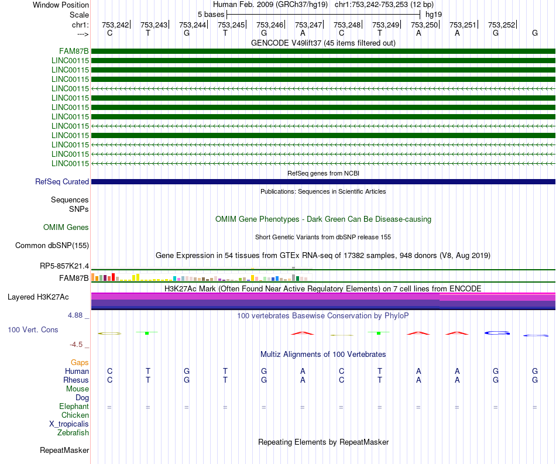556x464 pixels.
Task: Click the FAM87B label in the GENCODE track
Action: pos(74,51)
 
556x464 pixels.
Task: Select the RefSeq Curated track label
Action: pos(62,181)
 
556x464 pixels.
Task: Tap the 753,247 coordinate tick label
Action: pos(308,25)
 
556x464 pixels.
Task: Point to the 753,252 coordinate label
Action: pos(502,25)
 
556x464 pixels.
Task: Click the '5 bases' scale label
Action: pos(211,15)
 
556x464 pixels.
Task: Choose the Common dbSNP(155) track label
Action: pos(52,245)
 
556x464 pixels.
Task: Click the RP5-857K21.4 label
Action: pos(64,266)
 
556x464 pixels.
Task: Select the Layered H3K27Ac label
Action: pos(38,297)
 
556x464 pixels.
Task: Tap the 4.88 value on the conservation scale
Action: pos(75,315)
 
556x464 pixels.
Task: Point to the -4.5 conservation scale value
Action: pos(76,344)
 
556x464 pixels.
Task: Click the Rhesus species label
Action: pos(76,380)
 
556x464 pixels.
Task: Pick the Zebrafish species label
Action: pos(73,432)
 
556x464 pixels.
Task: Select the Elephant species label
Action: pos(74,406)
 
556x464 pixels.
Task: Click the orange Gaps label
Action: pos(80,362)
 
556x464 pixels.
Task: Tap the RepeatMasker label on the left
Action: pos(64,450)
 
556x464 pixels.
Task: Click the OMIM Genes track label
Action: pos(66,227)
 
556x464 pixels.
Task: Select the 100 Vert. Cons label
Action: pos(33,329)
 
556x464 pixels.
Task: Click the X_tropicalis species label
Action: pos(69,424)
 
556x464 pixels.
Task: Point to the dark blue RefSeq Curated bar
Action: pos(323,181)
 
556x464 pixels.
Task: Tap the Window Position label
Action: pos(61,5)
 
